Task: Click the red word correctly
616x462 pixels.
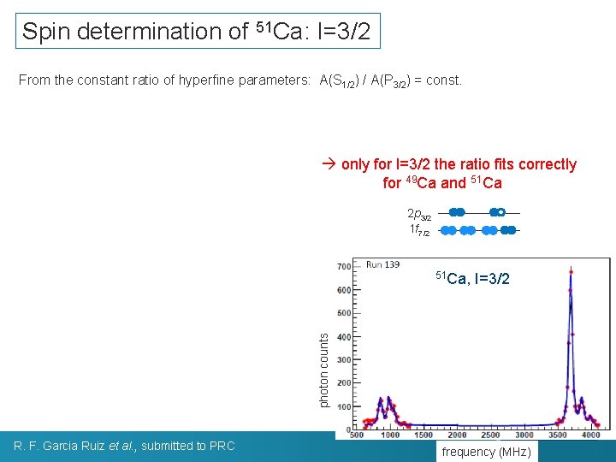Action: click(543, 164)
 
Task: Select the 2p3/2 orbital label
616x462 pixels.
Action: click(419, 213)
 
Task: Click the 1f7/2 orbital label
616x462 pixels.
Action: click(420, 229)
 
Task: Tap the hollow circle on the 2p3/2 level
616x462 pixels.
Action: click(502, 211)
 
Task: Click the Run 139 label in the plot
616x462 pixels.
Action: click(382, 264)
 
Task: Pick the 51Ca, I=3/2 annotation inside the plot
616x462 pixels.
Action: click(472, 277)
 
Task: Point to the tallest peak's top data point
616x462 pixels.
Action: click(571, 270)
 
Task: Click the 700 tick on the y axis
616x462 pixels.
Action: click(343, 267)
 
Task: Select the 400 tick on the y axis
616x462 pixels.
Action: click(343, 337)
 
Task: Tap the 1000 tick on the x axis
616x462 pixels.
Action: click(389, 435)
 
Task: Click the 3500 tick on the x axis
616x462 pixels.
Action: click(558, 435)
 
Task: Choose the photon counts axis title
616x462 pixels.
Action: click(323, 370)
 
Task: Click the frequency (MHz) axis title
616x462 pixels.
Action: click(486, 452)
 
